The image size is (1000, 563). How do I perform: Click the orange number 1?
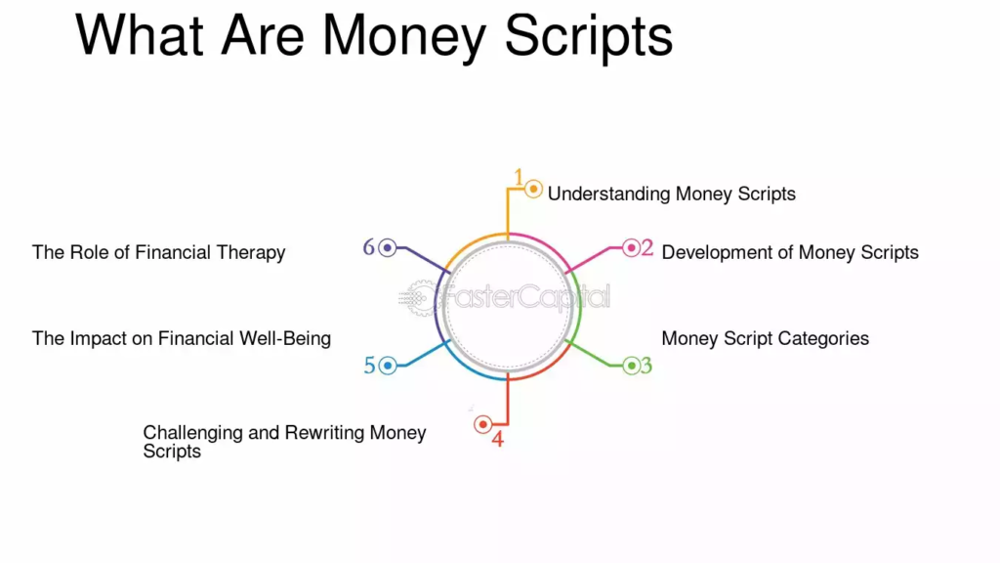tap(519, 177)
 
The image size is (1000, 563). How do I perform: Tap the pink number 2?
tap(646, 247)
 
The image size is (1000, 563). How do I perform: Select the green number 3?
tap(646, 366)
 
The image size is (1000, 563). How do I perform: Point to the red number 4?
tap(497, 439)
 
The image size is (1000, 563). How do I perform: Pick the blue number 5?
tap(370, 366)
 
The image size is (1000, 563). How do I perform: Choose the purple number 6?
tap(368, 247)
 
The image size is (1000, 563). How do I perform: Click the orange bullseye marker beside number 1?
tap(533, 189)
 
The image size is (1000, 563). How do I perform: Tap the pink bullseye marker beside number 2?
tap(631, 247)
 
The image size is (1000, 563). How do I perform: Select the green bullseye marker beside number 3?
tap(631, 366)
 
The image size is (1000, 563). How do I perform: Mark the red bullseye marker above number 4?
tap(482, 424)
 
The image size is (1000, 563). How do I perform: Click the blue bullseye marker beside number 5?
tap(387, 366)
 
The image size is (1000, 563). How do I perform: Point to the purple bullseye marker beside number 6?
tap(387, 247)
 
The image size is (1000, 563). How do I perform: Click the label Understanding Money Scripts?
tap(672, 195)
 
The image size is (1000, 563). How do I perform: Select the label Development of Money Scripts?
tap(790, 253)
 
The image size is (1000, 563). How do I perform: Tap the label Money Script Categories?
tap(766, 338)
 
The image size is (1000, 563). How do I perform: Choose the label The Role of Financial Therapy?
tap(159, 253)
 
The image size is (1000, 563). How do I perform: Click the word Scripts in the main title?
tap(589, 37)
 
